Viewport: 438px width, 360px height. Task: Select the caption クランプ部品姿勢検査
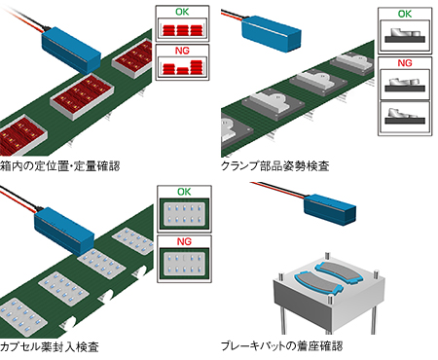[275, 166]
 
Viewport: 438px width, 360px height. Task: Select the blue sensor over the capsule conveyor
[63, 223]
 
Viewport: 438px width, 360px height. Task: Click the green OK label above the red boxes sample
[182, 13]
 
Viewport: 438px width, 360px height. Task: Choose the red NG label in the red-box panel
[182, 50]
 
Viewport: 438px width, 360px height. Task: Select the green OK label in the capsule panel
[182, 192]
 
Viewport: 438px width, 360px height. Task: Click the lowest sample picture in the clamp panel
[405, 118]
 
